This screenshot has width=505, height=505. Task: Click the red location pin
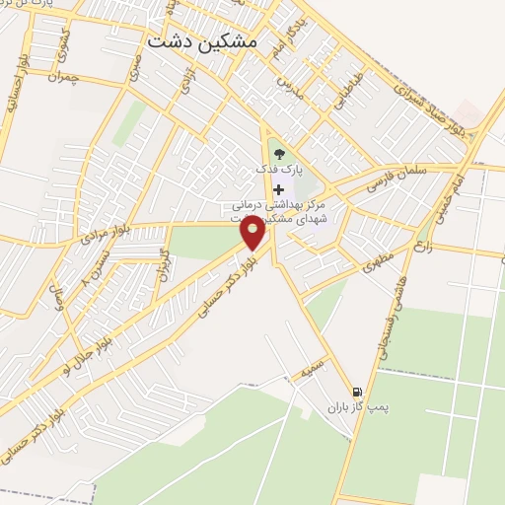[x=253, y=234]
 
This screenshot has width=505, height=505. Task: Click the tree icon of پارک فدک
[x=279, y=153]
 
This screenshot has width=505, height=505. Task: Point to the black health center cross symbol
[x=279, y=189]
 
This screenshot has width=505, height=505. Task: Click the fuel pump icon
[x=355, y=392]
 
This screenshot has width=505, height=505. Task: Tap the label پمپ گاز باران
[x=354, y=407]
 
